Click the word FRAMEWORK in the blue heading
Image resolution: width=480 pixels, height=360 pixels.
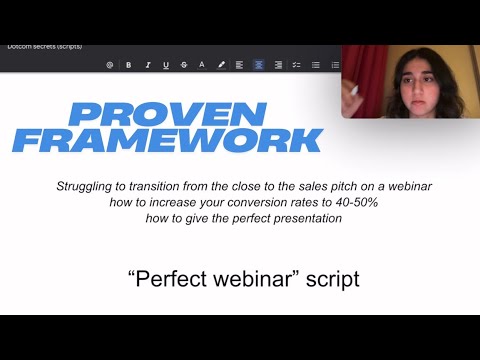coord(167,140)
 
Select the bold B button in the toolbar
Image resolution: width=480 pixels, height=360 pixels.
coord(129,64)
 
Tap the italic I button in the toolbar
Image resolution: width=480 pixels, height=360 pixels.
coord(147,64)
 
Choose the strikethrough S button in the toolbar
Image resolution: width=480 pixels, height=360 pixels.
coord(184,64)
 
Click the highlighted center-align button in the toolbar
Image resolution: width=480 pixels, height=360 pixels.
coord(258,64)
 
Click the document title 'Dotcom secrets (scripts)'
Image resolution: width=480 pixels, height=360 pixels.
coord(44,46)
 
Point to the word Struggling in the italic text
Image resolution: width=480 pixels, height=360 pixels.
coord(86,187)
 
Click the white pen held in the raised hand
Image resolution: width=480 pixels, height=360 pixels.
coord(353,90)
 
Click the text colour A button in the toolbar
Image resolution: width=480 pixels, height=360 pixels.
coord(202,64)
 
